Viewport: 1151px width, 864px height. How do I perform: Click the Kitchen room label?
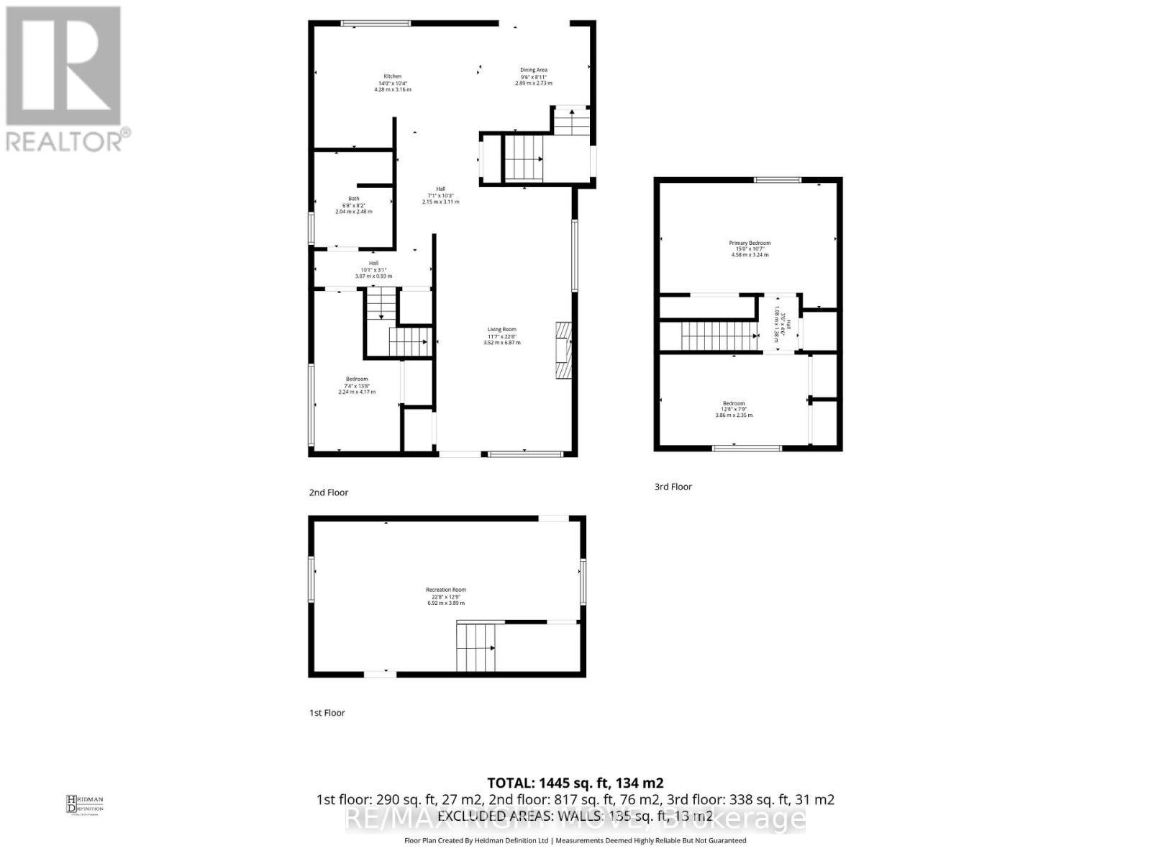392,83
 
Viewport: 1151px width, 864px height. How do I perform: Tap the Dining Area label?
534,76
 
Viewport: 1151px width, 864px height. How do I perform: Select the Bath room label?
354,205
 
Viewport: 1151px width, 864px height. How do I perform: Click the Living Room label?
501,336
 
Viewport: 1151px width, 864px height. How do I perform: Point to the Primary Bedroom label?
750,248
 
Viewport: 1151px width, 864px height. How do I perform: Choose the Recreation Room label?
446,595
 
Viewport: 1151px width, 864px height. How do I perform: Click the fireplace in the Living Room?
562,350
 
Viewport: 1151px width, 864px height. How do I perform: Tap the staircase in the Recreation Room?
476,647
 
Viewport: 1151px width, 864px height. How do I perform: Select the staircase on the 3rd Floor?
719,336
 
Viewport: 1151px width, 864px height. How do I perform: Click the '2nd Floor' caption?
329,492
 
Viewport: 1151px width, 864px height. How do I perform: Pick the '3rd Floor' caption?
673,487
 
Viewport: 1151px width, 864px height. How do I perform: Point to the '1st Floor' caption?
327,713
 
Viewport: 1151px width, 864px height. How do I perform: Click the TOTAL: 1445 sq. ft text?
575,783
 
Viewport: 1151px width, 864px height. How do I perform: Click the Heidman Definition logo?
85,804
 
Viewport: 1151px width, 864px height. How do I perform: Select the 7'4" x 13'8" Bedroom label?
357,385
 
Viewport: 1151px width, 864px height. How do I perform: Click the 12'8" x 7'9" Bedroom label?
734,409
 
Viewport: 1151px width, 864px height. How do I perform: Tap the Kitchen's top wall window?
376,24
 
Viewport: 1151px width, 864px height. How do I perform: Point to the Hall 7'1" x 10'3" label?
440,195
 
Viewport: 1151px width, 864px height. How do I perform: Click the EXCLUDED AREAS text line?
575,816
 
